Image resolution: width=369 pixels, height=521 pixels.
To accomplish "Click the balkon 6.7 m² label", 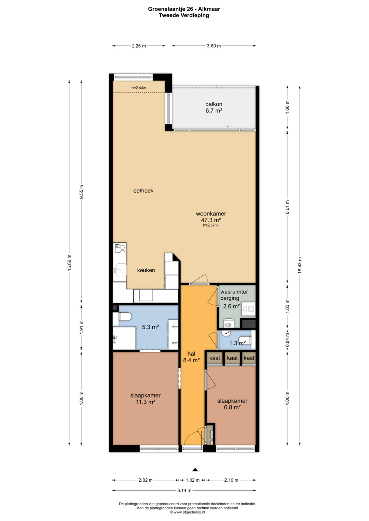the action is tap(214, 107).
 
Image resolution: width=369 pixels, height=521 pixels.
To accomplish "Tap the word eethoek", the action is tap(143, 191).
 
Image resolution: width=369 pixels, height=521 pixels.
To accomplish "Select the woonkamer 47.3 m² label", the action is tap(211, 217).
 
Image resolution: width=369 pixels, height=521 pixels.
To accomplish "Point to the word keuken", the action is tap(146, 270).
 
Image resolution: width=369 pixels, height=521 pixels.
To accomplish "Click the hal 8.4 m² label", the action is tap(191, 357).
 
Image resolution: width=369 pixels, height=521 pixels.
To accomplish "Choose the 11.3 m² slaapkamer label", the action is tap(145, 399).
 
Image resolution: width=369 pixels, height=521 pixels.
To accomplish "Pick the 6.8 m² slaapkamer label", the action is tap(232, 404).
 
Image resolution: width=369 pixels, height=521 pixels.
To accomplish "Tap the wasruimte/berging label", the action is tap(234, 295).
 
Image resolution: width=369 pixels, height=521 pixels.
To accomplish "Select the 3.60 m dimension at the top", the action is tap(214, 46).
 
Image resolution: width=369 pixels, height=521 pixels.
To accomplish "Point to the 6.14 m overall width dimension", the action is tap(184, 490).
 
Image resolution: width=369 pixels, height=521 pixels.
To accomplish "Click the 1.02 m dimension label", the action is tap(193, 480).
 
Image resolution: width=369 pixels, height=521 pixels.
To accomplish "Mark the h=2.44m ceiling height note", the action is tap(139, 88).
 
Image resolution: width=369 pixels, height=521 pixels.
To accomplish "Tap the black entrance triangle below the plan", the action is tap(195, 469).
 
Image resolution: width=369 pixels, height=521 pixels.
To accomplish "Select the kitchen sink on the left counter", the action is tap(120, 270).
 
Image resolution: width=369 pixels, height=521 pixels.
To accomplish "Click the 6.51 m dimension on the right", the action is tap(287, 207).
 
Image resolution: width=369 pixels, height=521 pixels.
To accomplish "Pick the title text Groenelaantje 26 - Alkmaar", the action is tap(184, 9).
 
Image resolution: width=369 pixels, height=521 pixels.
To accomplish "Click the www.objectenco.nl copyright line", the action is tap(187, 512).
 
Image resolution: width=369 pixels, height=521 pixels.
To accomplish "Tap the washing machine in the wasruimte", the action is tap(248, 309).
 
